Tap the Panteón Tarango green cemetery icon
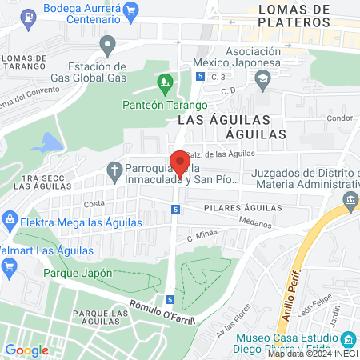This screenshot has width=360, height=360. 165,81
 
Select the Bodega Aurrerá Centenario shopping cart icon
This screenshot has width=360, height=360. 132,9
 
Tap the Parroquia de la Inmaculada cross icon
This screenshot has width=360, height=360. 114,170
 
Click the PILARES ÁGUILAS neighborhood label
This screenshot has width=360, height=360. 244,207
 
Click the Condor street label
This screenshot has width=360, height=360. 339,118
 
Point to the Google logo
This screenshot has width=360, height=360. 26,350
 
